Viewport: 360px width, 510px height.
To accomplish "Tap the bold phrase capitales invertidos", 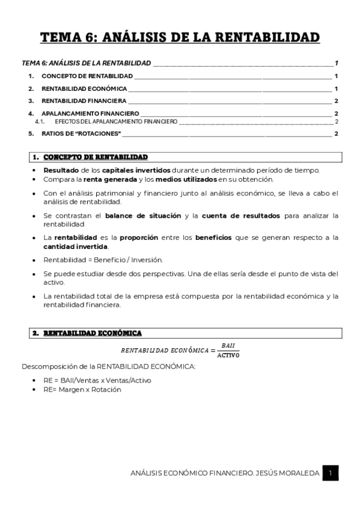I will click(x=136, y=170).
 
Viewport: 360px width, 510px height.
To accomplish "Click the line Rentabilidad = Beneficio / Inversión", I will click(x=94, y=260).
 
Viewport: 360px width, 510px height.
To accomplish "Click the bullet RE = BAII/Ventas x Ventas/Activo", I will click(x=97, y=380).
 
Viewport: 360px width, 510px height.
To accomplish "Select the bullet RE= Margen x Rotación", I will click(x=82, y=389).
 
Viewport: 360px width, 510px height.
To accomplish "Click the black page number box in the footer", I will click(x=330, y=474).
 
